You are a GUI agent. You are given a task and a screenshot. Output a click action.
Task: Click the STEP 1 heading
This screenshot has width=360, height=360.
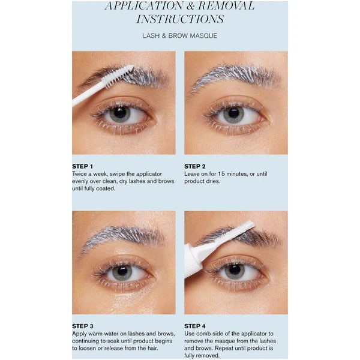tap(83, 166)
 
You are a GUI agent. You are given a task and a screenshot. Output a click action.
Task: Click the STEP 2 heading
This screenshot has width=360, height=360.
tap(195, 166)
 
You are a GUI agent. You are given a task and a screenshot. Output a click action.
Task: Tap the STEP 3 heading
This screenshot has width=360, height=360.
tap(83, 326)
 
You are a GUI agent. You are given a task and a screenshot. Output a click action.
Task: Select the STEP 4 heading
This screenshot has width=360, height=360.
tap(195, 326)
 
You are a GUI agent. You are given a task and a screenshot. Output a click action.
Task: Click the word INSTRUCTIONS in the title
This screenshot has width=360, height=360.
tap(180, 19)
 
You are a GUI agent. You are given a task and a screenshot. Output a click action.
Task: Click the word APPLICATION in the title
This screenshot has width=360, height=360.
tap(143, 6)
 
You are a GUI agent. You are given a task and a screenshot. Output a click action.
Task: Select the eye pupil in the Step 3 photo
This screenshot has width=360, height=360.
tap(122, 272)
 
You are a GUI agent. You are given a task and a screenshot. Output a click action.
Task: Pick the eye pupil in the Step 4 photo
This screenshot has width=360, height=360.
tap(235, 271)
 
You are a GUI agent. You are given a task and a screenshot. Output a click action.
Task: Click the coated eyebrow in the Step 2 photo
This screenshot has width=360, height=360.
tap(234, 77)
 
